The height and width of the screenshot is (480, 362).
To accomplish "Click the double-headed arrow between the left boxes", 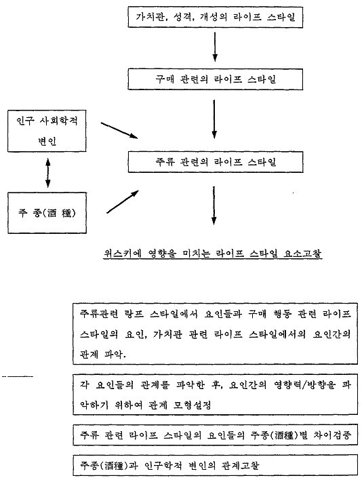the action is (47, 172).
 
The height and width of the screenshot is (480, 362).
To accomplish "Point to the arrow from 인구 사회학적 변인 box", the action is (119, 130).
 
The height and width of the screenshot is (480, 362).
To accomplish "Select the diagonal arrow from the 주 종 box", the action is (123, 201).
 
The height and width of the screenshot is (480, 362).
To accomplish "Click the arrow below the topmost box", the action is (215, 47).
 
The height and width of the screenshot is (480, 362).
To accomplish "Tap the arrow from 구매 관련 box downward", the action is (214, 119).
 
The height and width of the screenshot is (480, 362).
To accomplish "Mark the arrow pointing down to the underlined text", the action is (214, 205).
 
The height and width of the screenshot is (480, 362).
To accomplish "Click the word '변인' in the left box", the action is (47, 141).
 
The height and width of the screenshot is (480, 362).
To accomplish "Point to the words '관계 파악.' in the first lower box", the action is (103, 355).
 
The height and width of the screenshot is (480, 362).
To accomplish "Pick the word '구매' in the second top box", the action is (165, 79).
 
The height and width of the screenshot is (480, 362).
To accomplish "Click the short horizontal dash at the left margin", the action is (18, 376).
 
